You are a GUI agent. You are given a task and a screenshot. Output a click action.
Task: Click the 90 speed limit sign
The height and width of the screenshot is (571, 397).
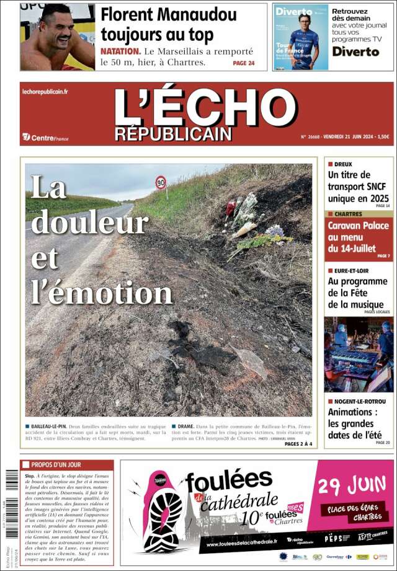[x=161, y=183]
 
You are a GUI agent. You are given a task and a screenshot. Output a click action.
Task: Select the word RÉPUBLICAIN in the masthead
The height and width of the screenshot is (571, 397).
[x=173, y=134]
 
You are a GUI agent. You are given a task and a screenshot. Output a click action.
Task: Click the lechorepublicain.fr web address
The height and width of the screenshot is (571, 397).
[x=45, y=92]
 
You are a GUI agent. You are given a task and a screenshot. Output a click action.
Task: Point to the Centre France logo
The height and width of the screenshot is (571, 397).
[x=45, y=138]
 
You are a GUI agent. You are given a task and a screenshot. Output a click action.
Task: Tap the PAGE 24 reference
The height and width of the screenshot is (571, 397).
[x=243, y=63]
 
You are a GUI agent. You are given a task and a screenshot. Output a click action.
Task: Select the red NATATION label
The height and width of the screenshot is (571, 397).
[x=120, y=51]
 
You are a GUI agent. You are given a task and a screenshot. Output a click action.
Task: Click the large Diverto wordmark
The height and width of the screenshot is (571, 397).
[x=355, y=51]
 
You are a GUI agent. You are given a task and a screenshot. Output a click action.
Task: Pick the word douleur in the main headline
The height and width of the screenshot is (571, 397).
[x=89, y=223]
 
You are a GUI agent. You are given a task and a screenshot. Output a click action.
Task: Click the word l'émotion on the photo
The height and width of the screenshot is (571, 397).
[x=102, y=292]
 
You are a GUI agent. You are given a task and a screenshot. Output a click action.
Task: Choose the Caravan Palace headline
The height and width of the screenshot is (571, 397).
[x=358, y=237]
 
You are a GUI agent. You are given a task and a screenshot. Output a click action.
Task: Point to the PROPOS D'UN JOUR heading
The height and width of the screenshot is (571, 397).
[x=56, y=464]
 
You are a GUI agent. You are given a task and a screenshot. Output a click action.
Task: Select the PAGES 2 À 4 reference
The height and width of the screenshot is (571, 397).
[x=299, y=444]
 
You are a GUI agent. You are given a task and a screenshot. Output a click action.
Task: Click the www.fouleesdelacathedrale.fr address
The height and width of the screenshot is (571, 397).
[x=242, y=544]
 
